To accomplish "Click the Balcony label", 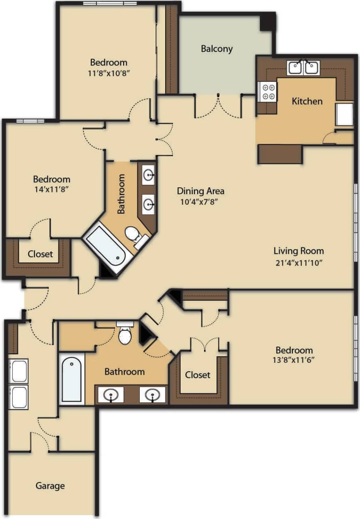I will [217, 49].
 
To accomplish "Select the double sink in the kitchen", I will [303, 68].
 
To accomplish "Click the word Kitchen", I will [307, 101].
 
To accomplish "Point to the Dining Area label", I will [201, 191].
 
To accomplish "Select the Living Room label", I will [298, 250].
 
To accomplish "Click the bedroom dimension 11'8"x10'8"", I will [108, 72].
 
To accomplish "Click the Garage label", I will [50, 485].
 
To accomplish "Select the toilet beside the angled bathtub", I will [134, 236].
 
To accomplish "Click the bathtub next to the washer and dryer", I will [71, 379].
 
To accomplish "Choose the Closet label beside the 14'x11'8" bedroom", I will [40, 254].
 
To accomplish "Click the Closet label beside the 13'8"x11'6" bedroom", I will [198, 375].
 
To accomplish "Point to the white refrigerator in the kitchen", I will [344, 114].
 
